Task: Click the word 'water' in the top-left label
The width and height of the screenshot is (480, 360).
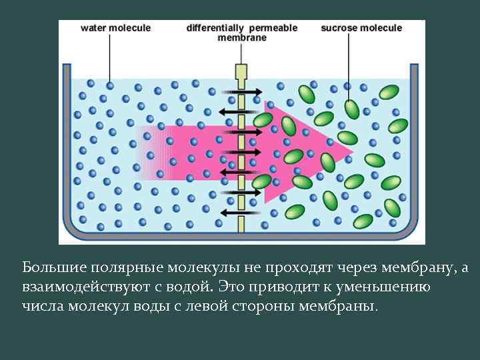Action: (x=94, y=28)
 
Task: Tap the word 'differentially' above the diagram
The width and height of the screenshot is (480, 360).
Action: (x=215, y=28)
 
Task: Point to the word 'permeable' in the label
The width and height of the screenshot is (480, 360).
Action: (x=273, y=28)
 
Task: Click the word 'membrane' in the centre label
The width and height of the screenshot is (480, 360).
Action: (x=241, y=38)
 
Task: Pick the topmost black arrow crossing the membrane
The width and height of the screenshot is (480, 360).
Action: (x=240, y=91)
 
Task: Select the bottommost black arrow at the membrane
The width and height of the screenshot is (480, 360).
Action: (x=240, y=213)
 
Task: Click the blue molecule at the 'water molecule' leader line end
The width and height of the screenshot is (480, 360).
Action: (x=110, y=85)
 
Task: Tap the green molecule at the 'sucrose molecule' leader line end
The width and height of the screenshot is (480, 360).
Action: (x=351, y=108)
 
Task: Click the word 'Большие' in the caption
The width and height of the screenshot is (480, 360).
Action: (x=47, y=268)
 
